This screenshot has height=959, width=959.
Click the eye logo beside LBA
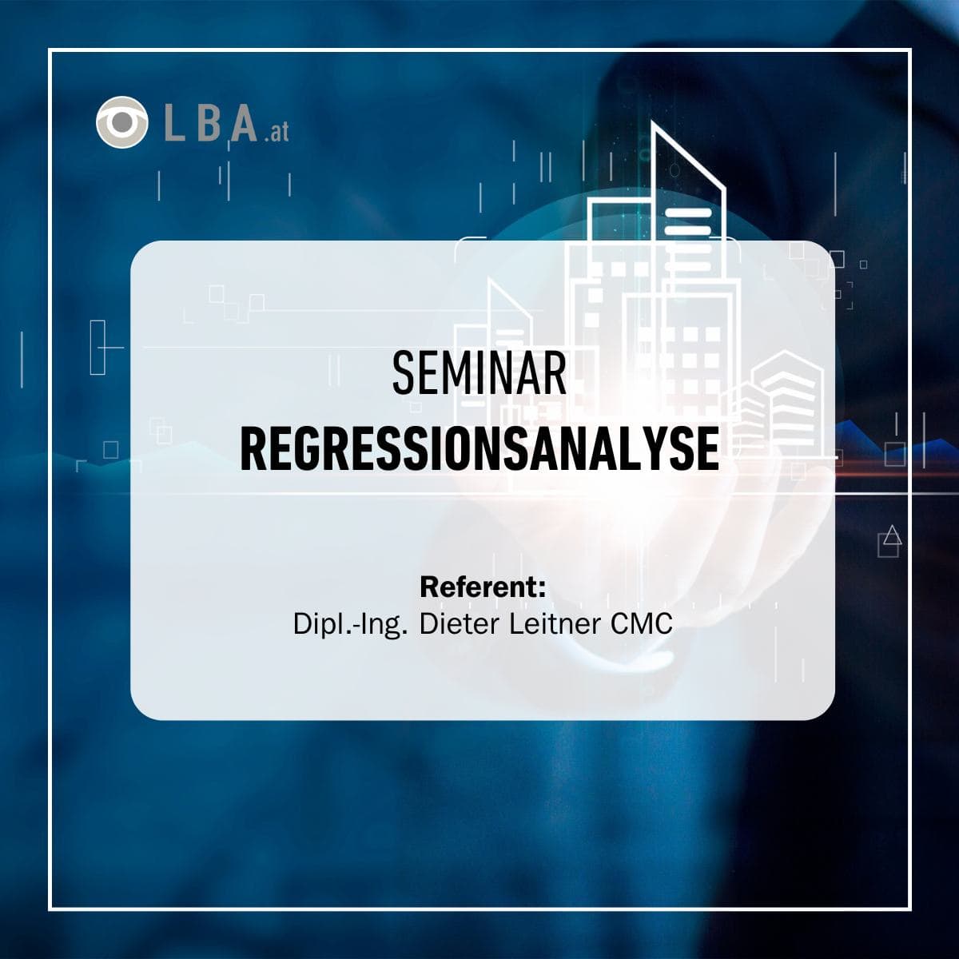click(121, 122)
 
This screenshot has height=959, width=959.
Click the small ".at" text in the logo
click(276, 133)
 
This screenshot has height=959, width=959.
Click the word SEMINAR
click(479, 374)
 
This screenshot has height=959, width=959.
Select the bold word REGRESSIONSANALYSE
click(479, 450)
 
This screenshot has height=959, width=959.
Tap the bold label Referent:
click(483, 587)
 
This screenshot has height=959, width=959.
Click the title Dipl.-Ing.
click(352, 624)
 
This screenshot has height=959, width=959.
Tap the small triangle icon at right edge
click(893, 535)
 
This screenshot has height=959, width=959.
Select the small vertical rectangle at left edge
click(98, 347)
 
